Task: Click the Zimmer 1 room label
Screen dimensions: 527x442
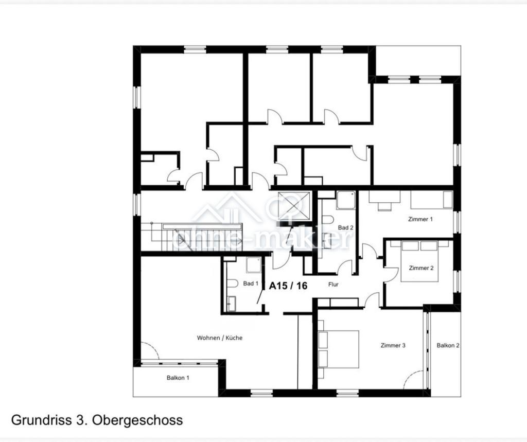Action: point(420,219)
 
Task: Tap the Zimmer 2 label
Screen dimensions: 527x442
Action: point(421,268)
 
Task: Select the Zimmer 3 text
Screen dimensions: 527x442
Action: point(393,345)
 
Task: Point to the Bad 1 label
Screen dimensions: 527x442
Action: point(251,284)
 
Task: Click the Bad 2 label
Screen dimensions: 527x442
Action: point(345,227)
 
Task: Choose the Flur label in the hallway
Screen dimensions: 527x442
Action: point(333,285)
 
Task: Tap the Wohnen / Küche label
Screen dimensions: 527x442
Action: point(219,338)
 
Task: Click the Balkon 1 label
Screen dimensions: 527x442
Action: point(178,378)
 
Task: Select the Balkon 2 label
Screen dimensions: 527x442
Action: point(448,345)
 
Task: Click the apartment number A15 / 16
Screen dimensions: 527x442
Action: point(288,286)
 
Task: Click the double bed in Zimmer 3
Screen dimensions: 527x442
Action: point(339,349)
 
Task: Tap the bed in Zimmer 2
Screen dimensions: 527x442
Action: point(420,261)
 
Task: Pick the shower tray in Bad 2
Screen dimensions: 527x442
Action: point(346,200)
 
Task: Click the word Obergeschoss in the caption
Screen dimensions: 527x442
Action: point(137,420)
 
